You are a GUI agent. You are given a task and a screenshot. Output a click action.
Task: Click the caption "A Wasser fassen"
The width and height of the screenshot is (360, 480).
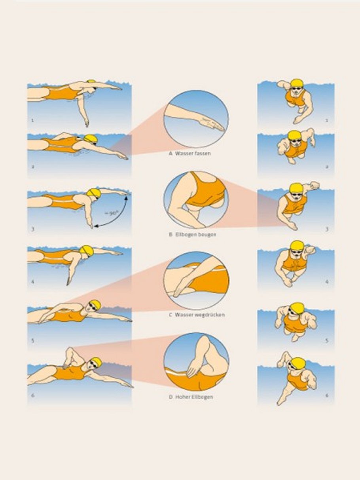[190, 153]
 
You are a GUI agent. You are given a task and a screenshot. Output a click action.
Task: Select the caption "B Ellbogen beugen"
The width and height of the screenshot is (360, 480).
[193, 234]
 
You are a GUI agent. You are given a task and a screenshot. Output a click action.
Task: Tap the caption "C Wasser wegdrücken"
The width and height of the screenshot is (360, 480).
[197, 315]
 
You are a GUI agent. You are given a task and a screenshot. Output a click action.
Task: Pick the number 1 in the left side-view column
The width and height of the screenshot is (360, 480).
[32, 120]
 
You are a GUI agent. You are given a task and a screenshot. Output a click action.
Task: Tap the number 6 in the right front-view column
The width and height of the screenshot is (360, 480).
[327, 395]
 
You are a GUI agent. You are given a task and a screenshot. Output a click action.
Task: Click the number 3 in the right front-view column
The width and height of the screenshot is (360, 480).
[327, 229]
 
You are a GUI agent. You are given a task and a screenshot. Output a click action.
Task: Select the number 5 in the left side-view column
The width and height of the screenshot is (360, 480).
[33, 340]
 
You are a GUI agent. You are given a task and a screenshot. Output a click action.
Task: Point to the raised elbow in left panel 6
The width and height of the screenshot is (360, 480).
[69, 350]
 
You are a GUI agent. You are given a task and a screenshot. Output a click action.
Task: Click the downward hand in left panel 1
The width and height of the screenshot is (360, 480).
[87, 123]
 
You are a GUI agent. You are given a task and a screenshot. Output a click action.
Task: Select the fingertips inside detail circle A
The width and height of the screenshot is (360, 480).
[219, 128]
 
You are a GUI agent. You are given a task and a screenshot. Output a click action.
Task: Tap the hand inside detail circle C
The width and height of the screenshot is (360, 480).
[178, 290]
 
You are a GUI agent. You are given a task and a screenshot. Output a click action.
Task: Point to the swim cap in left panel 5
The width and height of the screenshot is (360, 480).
[95, 304]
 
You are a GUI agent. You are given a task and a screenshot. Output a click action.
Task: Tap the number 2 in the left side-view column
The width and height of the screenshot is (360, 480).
[33, 167]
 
